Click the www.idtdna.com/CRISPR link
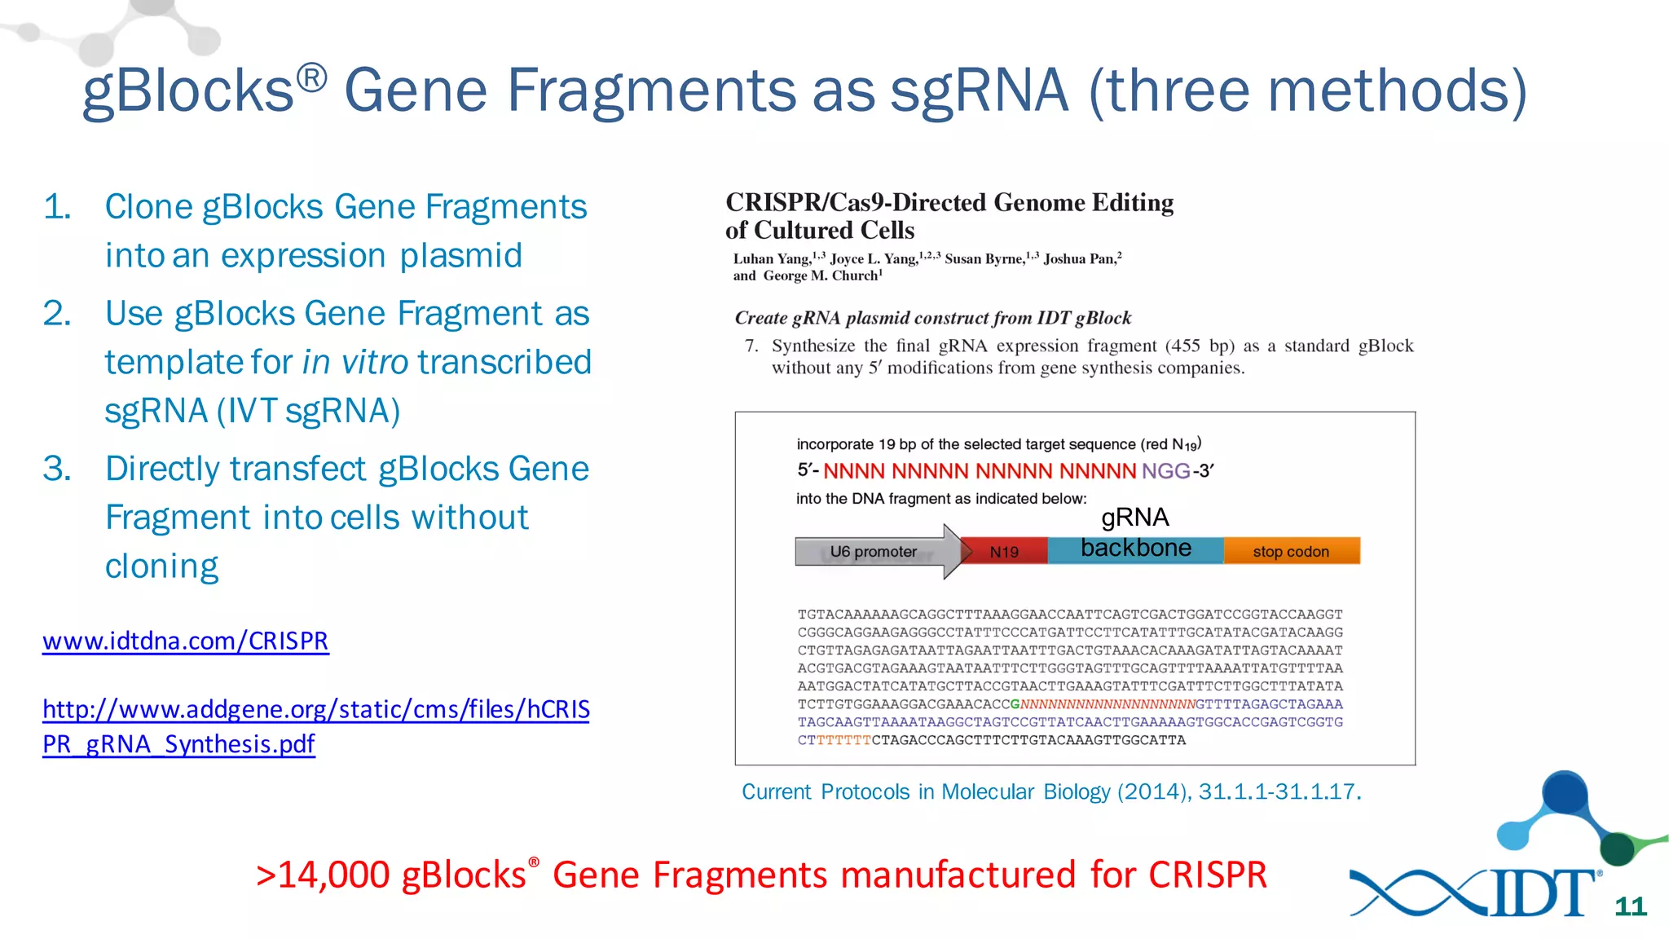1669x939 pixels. [x=186, y=641]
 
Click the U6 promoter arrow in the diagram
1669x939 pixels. [x=874, y=552]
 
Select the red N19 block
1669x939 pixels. [x=1005, y=552]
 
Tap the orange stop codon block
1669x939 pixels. [x=1291, y=552]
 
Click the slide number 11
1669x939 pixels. [x=1630, y=906]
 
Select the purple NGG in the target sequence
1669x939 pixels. [x=1165, y=471]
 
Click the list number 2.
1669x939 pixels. [x=57, y=314]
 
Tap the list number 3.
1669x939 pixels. [x=57, y=469]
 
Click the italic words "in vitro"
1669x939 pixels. [x=355, y=363]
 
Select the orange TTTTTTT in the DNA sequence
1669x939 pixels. [x=843, y=740]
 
